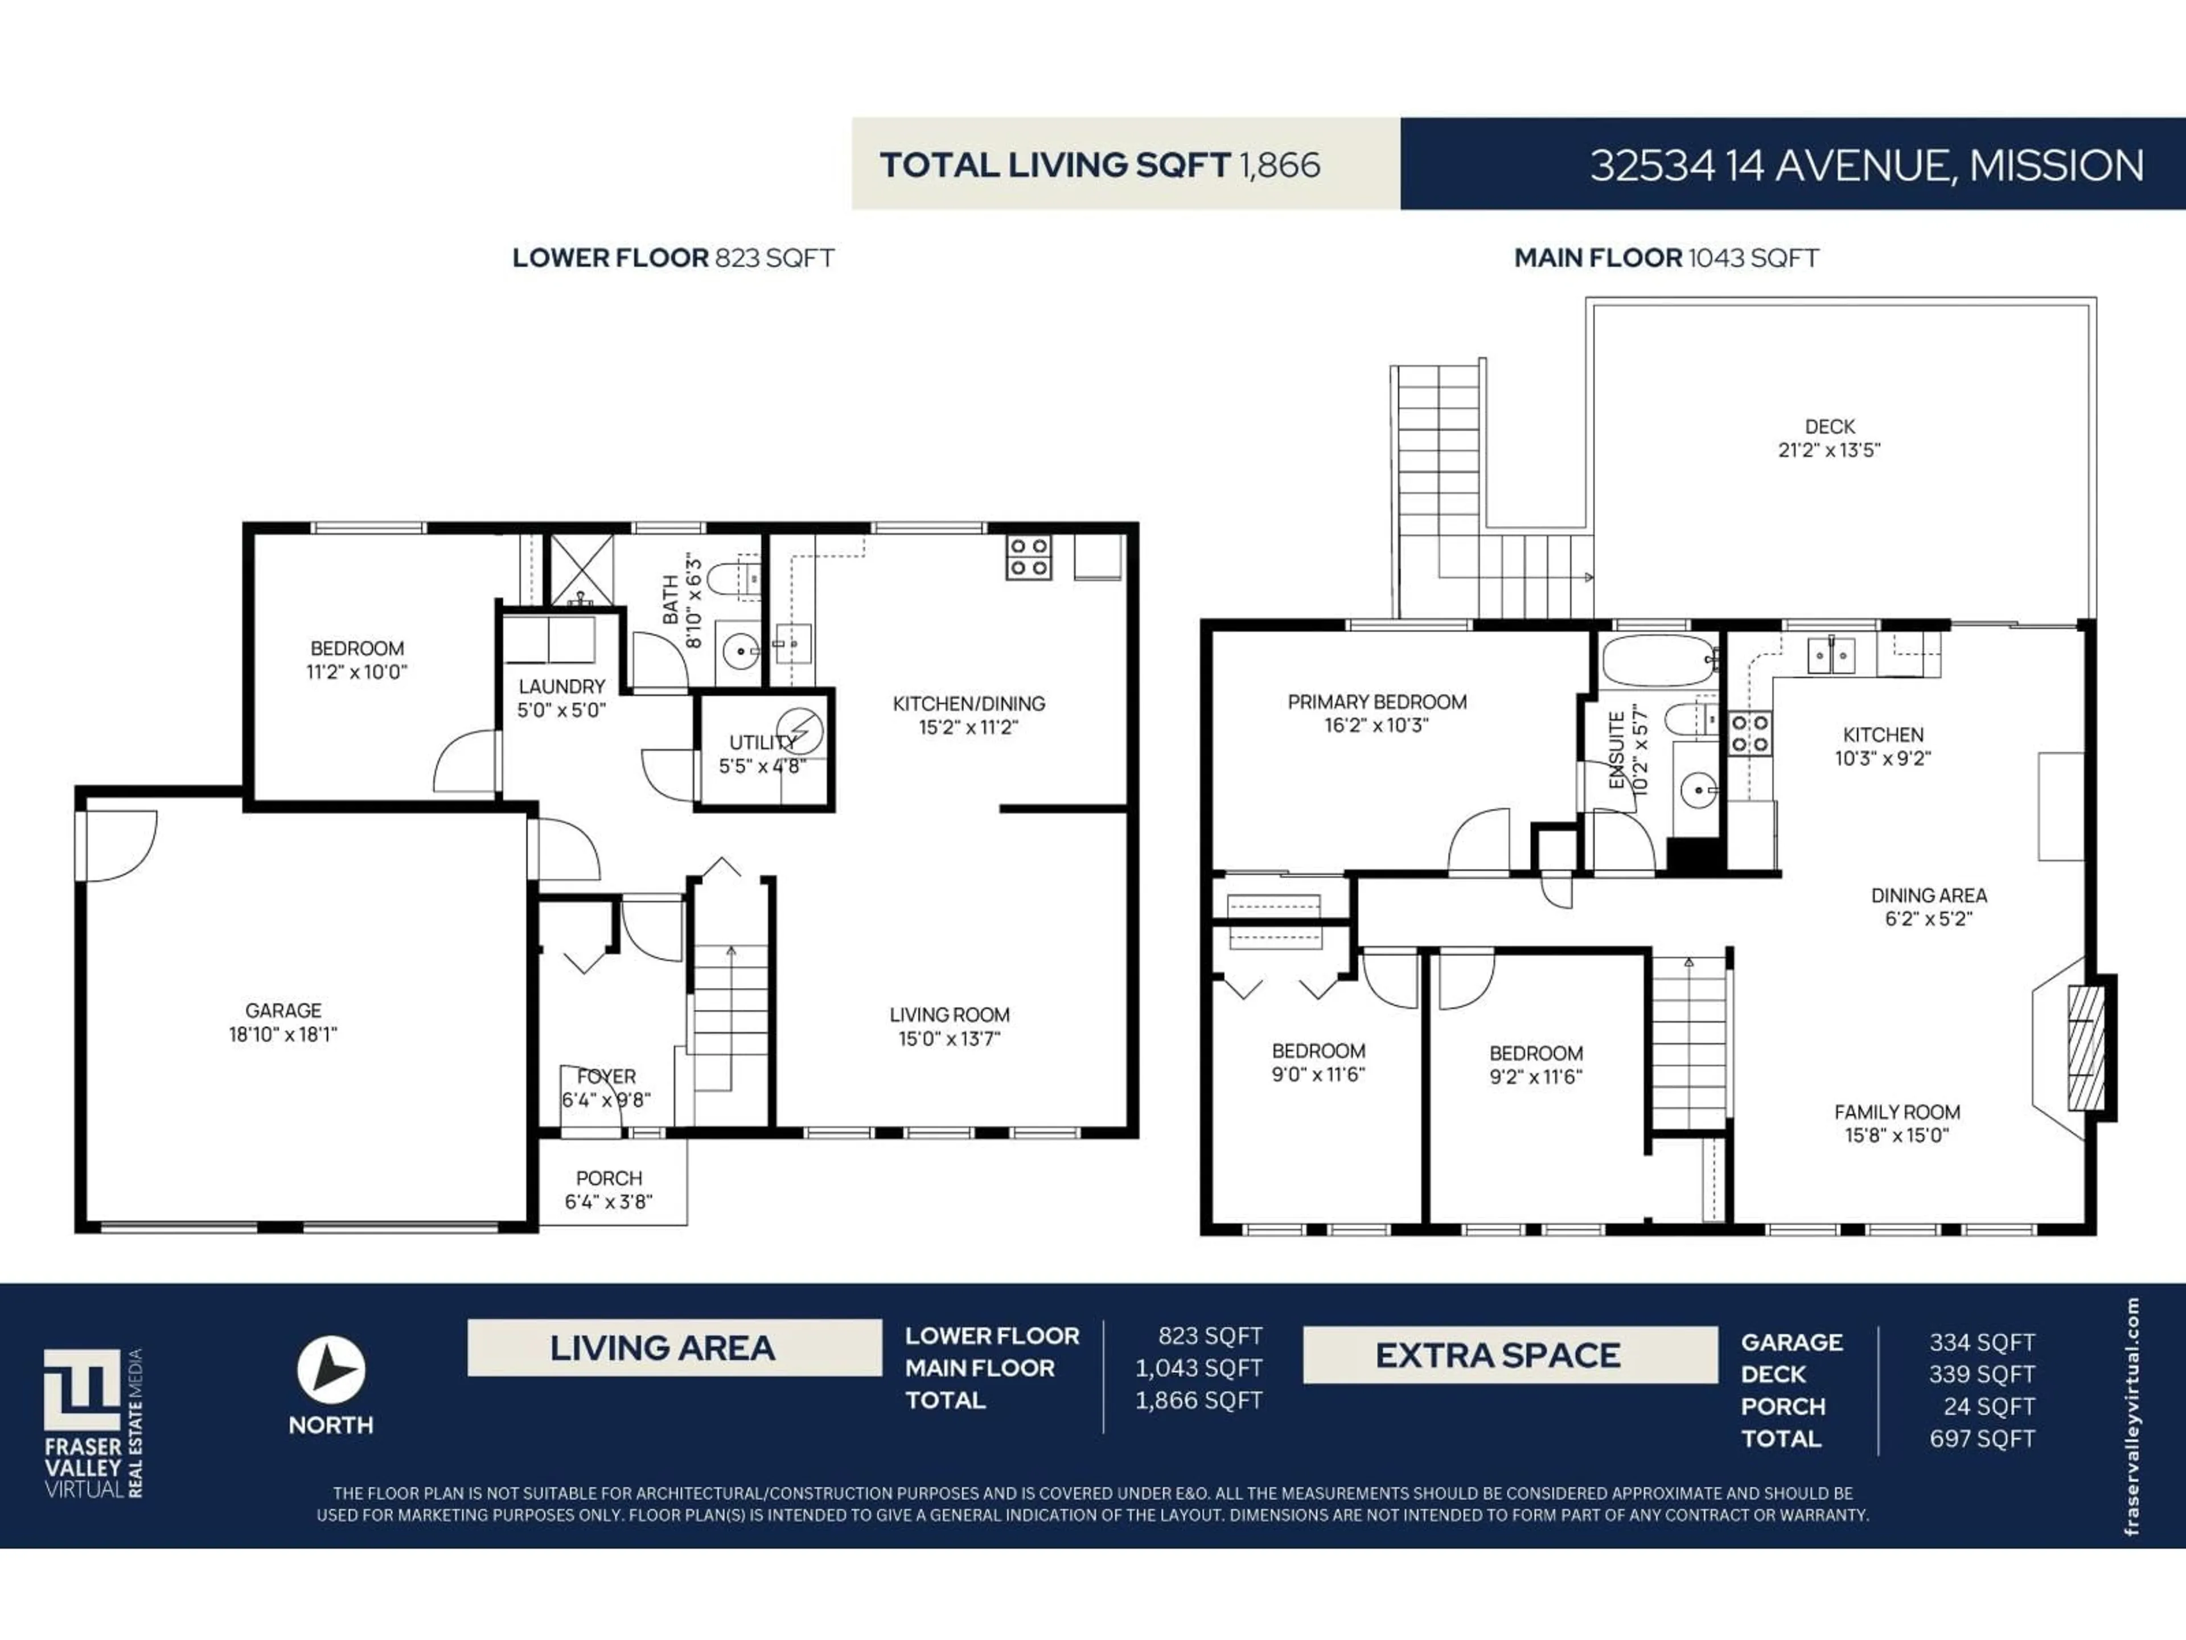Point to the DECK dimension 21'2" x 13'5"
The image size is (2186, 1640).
[x=1829, y=450]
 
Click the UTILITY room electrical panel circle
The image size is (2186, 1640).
[x=799, y=732]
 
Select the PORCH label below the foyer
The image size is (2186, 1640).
[x=609, y=1178]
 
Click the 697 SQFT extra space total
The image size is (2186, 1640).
[x=1982, y=1438]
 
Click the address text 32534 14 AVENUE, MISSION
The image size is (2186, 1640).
[x=1866, y=165]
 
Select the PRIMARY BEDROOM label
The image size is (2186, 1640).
[x=1376, y=702]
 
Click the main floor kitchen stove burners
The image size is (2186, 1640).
[x=1749, y=733]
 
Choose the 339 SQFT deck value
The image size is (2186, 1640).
[x=1982, y=1374]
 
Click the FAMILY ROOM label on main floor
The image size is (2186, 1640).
[x=1896, y=1112]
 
